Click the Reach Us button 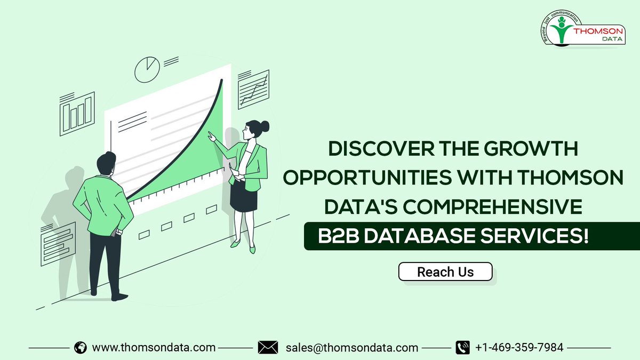(445, 271)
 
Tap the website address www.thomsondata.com (154, 347)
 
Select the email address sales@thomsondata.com (351, 347)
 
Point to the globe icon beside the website (81, 347)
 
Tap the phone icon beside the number (462, 347)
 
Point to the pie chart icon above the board (147, 70)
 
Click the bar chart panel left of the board (77, 113)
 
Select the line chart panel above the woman (253, 89)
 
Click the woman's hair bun (265, 126)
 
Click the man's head (106, 164)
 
